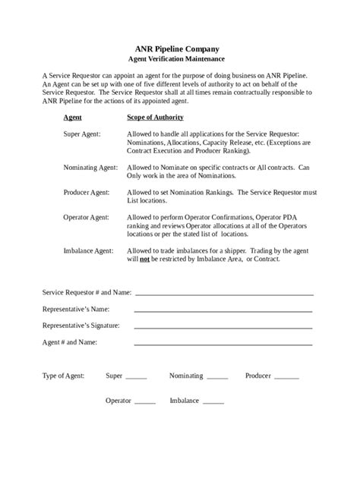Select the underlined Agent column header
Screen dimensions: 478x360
click(73, 118)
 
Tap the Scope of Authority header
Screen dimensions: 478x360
click(155, 118)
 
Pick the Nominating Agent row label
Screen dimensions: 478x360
click(90, 166)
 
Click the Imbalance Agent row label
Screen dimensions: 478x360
click(89, 250)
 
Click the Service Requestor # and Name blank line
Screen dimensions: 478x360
click(224, 293)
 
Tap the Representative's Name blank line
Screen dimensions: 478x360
click(223, 310)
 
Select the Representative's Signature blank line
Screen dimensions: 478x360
click(223, 326)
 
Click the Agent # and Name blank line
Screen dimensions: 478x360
click(223, 343)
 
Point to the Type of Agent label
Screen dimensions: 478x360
click(63, 376)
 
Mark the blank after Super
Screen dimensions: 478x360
click(136, 377)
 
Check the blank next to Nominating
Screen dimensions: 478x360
click(217, 377)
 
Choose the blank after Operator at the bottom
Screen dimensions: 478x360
click(144, 402)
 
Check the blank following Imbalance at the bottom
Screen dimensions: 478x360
click(213, 402)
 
